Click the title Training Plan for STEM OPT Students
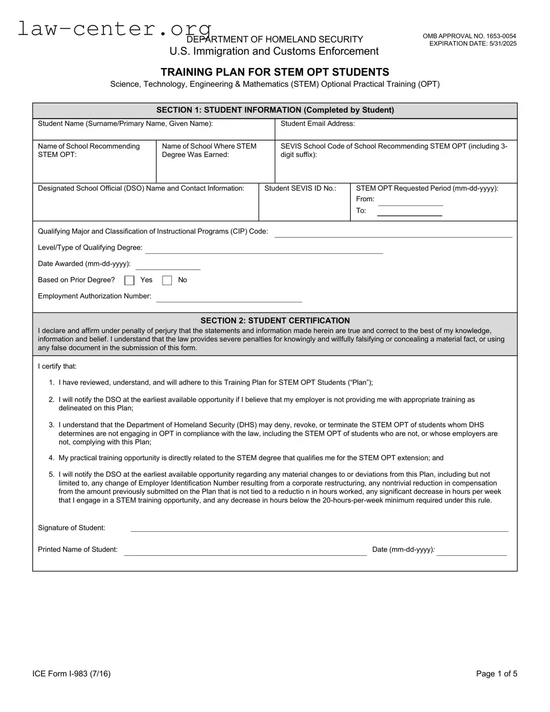tap(275, 72)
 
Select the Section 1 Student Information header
tap(275, 110)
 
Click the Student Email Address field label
tap(318, 123)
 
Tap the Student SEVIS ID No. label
tap(300, 188)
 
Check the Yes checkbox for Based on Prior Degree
tap(130, 280)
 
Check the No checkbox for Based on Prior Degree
tap(167, 280)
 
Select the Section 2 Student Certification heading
tap(275, 321)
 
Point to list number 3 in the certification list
tap(52, 425)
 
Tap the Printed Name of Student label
tap(78, 549)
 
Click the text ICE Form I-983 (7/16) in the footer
tap(72, 674)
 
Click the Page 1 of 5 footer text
tap(496, 674)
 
